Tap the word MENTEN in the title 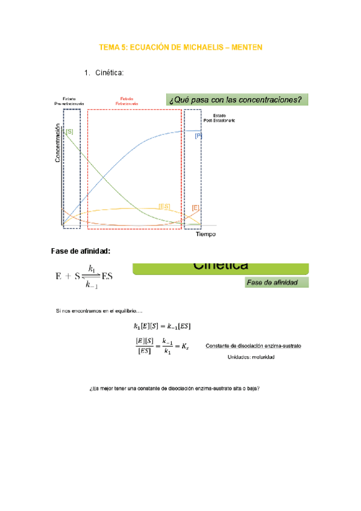[x=246, y=47]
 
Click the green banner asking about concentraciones [x=235, y=99]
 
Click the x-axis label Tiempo [x=205, y=234]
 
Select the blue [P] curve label [x=198, y=136]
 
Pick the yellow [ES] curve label [x=164, y=206]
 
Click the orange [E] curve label [x=195, y=207]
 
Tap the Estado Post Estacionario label [x=220, y=118]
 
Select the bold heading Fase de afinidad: [x=83, y=251]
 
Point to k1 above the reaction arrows [x=92, y=268]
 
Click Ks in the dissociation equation [x=184, y=349]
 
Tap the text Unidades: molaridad [x=251, y=357]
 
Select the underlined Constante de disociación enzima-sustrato [x=254, y=346]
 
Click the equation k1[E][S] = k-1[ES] [x=162, y=327]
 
